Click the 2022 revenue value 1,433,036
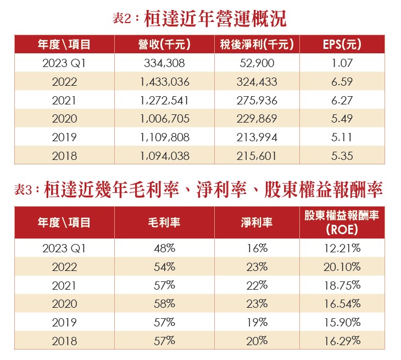point(165,82)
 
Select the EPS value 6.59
point(342,82)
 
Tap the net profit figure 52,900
point(257,63)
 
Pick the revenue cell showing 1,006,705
point(165,119)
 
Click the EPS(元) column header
point(342,45)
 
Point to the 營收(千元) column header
point(165,45)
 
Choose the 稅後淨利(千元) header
point(257,45)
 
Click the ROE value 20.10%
point(342,267)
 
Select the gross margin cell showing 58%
point(165,304)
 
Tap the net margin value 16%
point(257,248)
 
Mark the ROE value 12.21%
point(342,248)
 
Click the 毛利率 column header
point(165,223)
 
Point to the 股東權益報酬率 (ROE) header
point(342,223)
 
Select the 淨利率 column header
point(257,223)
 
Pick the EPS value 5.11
point(342,137)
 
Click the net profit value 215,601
point(257,156)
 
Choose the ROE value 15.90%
point(342,323)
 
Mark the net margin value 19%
point(257,323)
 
